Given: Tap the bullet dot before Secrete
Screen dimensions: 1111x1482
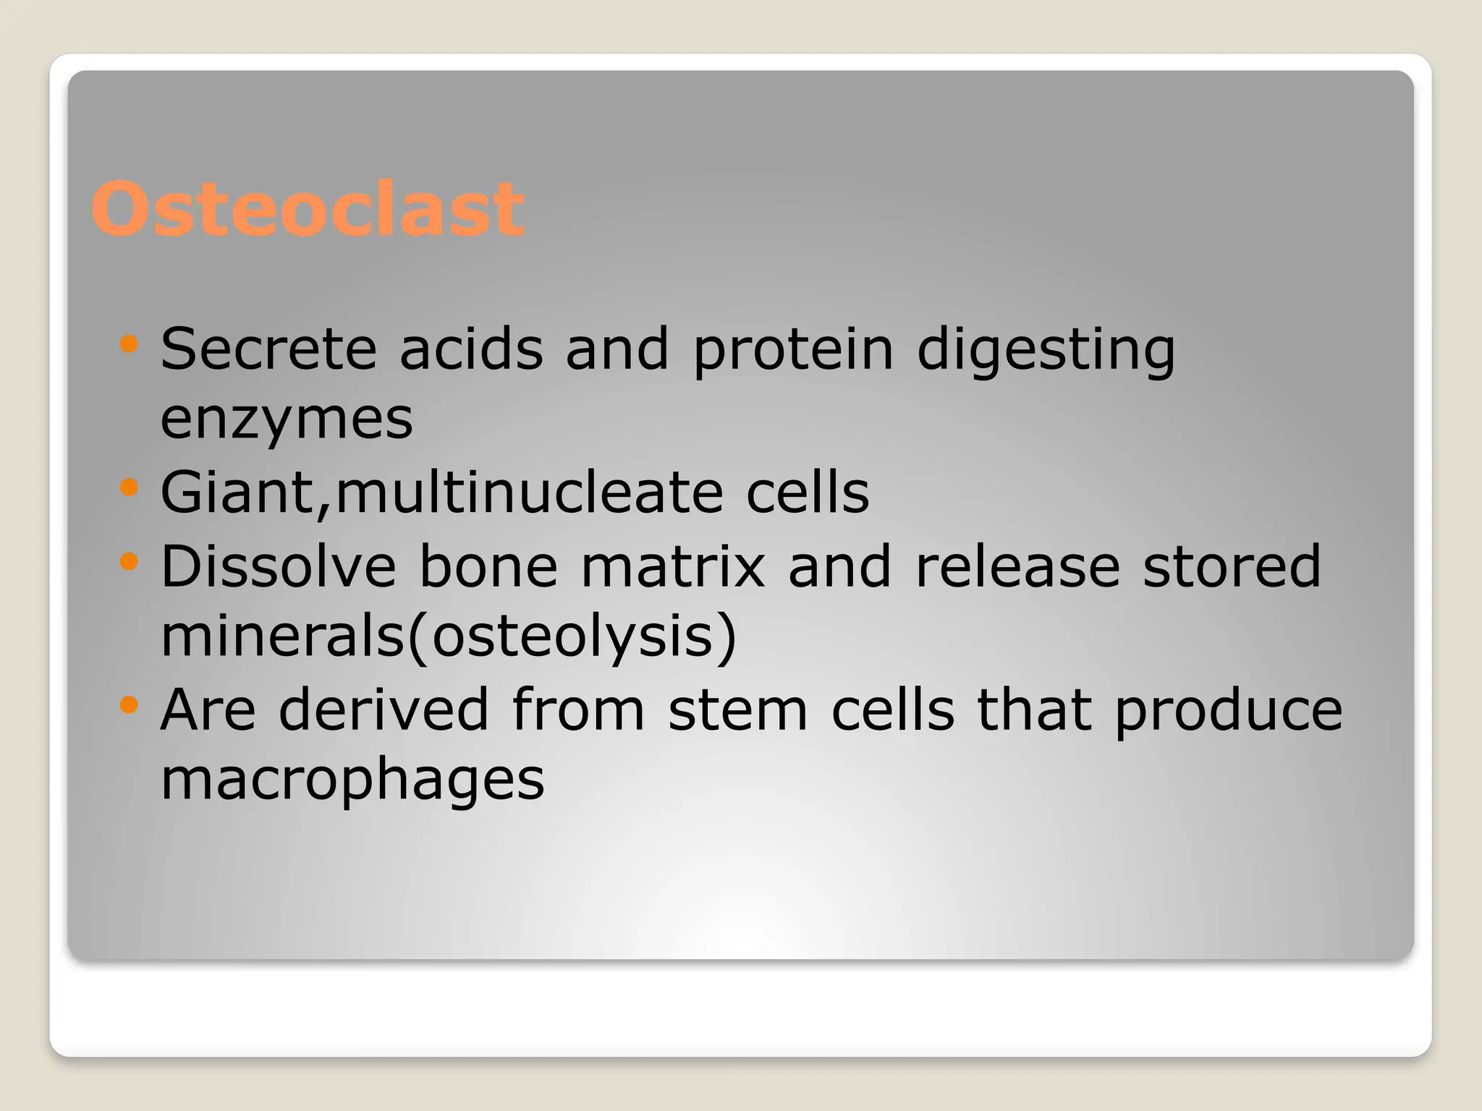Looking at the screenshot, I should coord(129,344).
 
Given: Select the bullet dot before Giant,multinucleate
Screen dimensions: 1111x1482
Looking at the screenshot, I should coord(129,488).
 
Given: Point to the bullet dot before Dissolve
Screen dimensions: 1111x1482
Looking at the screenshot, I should coord(129,561).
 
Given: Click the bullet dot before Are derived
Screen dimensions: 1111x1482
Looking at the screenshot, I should coord(129,705).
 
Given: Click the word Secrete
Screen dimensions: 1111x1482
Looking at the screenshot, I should coord(268,349).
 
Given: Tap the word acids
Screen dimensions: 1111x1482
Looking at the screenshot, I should coord(471,349).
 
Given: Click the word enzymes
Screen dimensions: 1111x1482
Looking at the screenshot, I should coord(287,420).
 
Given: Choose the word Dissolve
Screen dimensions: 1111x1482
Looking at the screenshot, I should coord(279,566).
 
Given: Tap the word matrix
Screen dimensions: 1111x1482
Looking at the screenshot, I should coord(673,566).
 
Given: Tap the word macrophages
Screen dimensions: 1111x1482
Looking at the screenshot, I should coord(352,781).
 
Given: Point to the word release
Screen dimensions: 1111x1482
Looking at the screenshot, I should coord(1017,566).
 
